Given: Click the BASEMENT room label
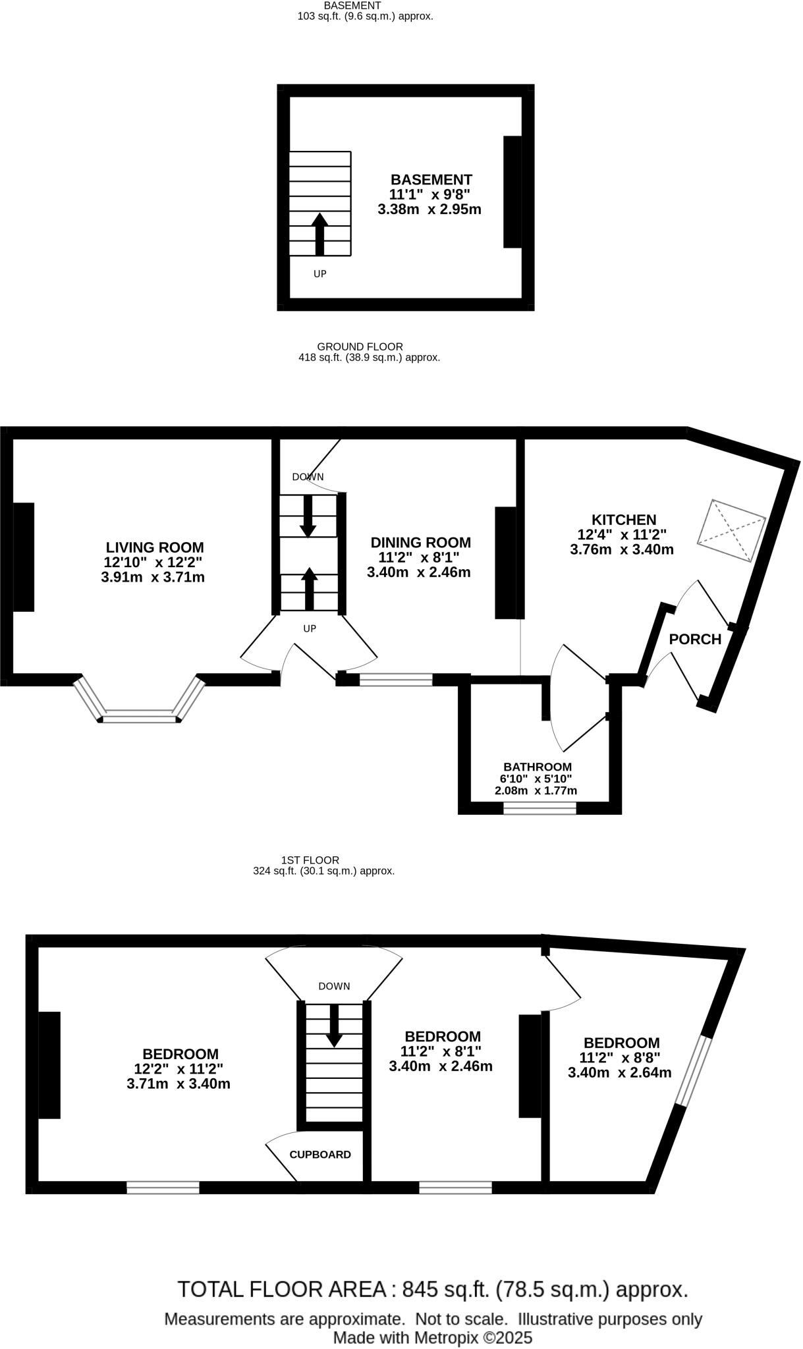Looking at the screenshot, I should coord(431,180).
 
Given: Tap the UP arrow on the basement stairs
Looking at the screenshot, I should coord(320,234).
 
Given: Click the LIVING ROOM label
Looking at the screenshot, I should coord(155,547).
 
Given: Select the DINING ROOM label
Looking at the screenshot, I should coord(420,543).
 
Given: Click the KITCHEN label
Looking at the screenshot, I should coord(623,520).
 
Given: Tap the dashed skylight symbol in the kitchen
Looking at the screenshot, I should coord(731,531).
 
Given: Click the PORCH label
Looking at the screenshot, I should coord(695,639).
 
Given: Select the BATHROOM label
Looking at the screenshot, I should coord(538,767).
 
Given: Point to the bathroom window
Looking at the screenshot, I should coord(540,808).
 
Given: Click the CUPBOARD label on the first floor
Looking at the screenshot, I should coord(320,1155).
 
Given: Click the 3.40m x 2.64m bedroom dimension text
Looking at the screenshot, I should coord(619,1072).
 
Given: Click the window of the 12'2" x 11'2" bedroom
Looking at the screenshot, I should coord(163,1187).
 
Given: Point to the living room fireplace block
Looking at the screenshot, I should coord(24,557).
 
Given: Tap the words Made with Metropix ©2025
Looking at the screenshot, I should coord(432,1338).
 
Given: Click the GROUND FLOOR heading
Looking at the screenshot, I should coord(360,346).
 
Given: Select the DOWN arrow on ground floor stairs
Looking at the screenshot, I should coord(308,516).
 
